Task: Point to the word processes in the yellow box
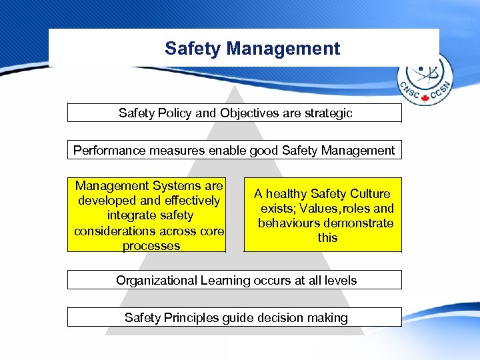(151, 245)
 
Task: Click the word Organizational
(157, 280)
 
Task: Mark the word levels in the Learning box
(340, 280)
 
